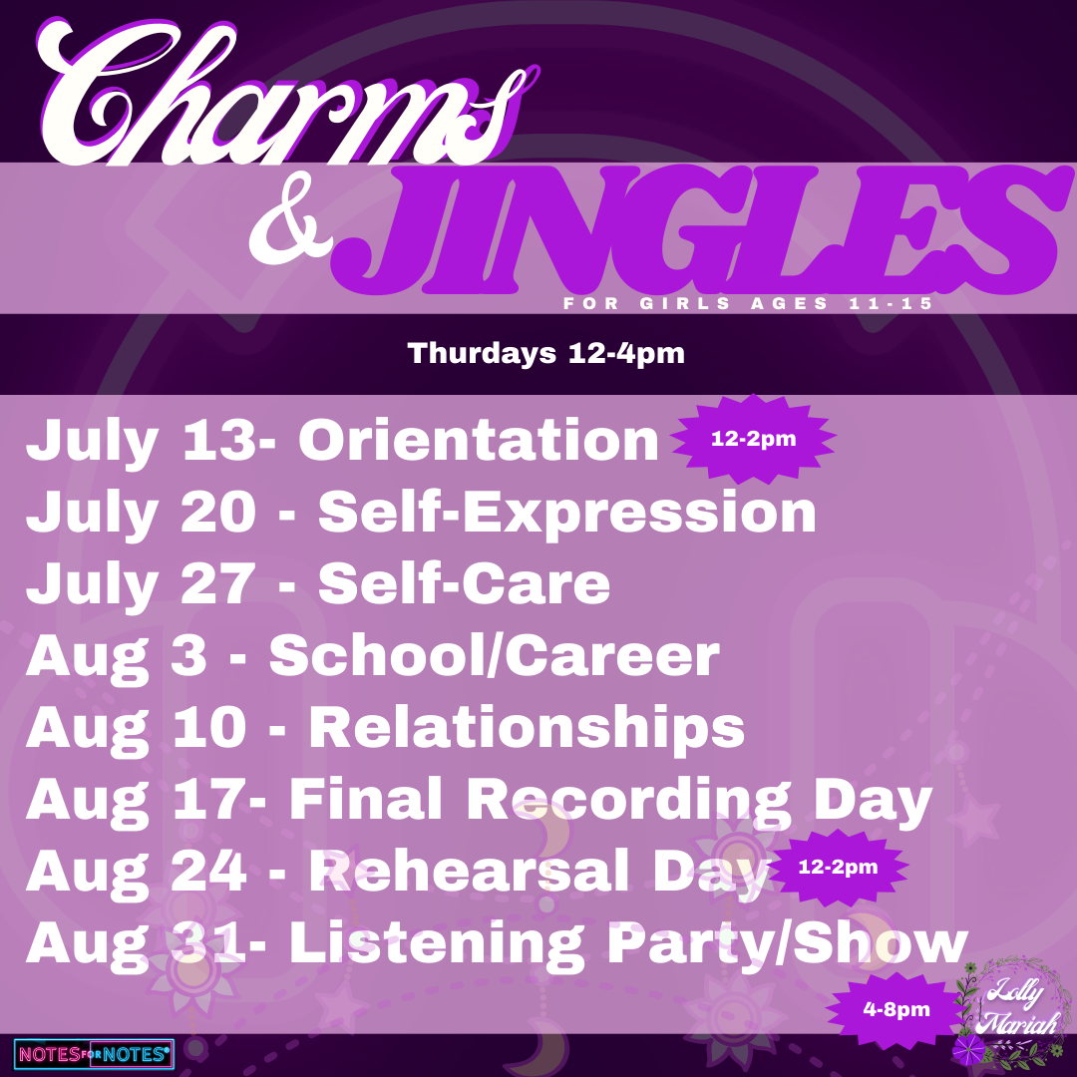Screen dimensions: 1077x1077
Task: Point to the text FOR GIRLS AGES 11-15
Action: pos(748,303)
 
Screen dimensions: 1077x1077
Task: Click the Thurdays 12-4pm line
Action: pos(546,354)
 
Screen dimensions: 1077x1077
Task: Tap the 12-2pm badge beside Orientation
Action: pos(754,438)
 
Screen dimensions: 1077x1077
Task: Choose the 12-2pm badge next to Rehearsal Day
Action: pos(838,867)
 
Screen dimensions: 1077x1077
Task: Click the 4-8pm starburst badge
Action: pos(897,1009)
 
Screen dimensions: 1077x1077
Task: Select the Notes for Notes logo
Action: pos(94,1054)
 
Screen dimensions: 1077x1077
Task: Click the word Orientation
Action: pos(479,441)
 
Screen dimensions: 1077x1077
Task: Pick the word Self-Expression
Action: pos(566,513)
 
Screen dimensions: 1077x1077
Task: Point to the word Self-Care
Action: pos(465,583)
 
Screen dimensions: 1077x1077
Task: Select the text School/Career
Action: pos(494,656)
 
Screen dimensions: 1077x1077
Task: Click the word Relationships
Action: pos(527,728)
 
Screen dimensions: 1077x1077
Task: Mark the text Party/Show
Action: pos(787,944)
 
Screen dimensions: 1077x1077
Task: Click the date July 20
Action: pos(141,513)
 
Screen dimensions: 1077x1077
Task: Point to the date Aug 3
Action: pos(116,656)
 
